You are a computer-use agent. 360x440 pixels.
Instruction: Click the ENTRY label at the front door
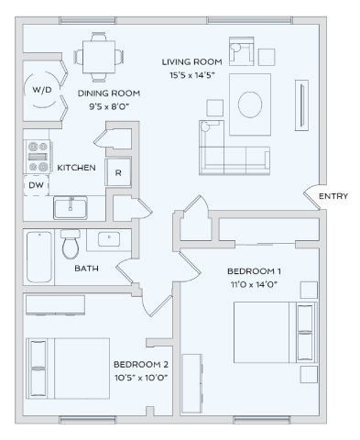333,195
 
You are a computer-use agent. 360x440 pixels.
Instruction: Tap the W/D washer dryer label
42,92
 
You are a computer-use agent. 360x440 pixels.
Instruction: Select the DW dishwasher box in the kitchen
36,184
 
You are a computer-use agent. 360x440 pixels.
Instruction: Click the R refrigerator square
118,171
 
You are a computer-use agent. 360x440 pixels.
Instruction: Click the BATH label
86,268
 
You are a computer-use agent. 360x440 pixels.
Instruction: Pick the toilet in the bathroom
71,246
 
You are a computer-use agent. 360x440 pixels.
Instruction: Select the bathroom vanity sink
109,240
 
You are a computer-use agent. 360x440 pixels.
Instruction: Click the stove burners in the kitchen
38,155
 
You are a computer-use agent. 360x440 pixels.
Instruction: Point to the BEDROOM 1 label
254,272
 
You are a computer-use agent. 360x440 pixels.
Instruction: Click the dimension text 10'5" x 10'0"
140,377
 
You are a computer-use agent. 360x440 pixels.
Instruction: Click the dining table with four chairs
98,56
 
